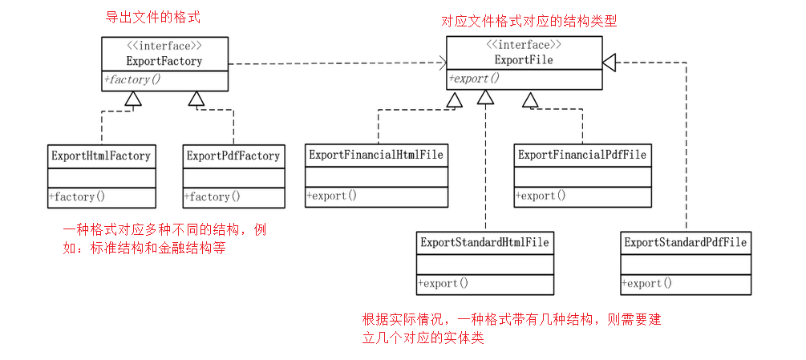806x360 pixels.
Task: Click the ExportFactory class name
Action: point(164,60)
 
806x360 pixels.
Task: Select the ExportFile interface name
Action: point(524,59)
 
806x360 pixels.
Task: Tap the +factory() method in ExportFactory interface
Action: point(132,79)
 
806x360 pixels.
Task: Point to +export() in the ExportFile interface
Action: point(474,78)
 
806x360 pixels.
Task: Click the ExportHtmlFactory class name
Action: point(101,156)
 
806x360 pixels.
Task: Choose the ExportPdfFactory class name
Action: point(233,156)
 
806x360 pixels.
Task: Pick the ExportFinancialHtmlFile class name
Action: point(376,154)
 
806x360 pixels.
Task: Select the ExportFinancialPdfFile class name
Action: point(582,154)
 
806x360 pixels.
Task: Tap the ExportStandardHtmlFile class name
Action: point(484,242)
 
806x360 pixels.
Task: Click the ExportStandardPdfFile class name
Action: point(686,242)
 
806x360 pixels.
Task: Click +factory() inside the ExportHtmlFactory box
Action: point(77,196)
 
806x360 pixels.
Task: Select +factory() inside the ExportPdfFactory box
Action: point(212,196)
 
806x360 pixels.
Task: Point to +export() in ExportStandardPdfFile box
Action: point(647,283)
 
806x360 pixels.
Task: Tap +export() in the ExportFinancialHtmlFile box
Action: point(332,195)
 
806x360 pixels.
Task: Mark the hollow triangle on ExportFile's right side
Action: point(610,61)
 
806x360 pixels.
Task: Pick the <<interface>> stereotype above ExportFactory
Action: point(164,46)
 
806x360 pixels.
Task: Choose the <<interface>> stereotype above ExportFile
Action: point(524,45)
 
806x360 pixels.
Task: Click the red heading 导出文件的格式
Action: point(153,17)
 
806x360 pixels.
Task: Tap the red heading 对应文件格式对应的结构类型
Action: point(529,22)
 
